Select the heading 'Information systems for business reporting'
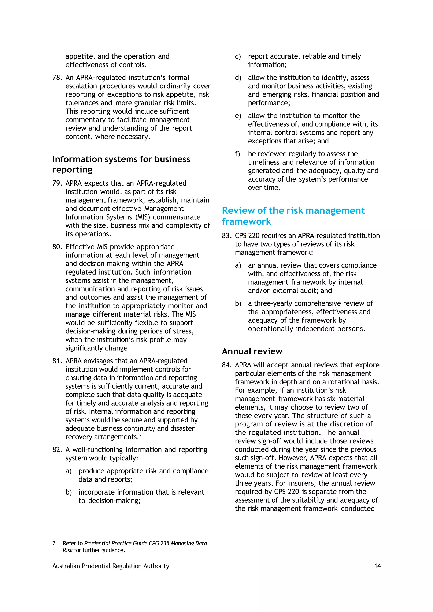point(121,164)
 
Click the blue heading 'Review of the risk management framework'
point(293,216)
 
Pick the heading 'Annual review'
point(252,351)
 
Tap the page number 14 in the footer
point(377,566)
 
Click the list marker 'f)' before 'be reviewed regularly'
point(237,154)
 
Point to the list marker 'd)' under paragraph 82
point(238,78)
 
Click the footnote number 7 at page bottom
point(54,543)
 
